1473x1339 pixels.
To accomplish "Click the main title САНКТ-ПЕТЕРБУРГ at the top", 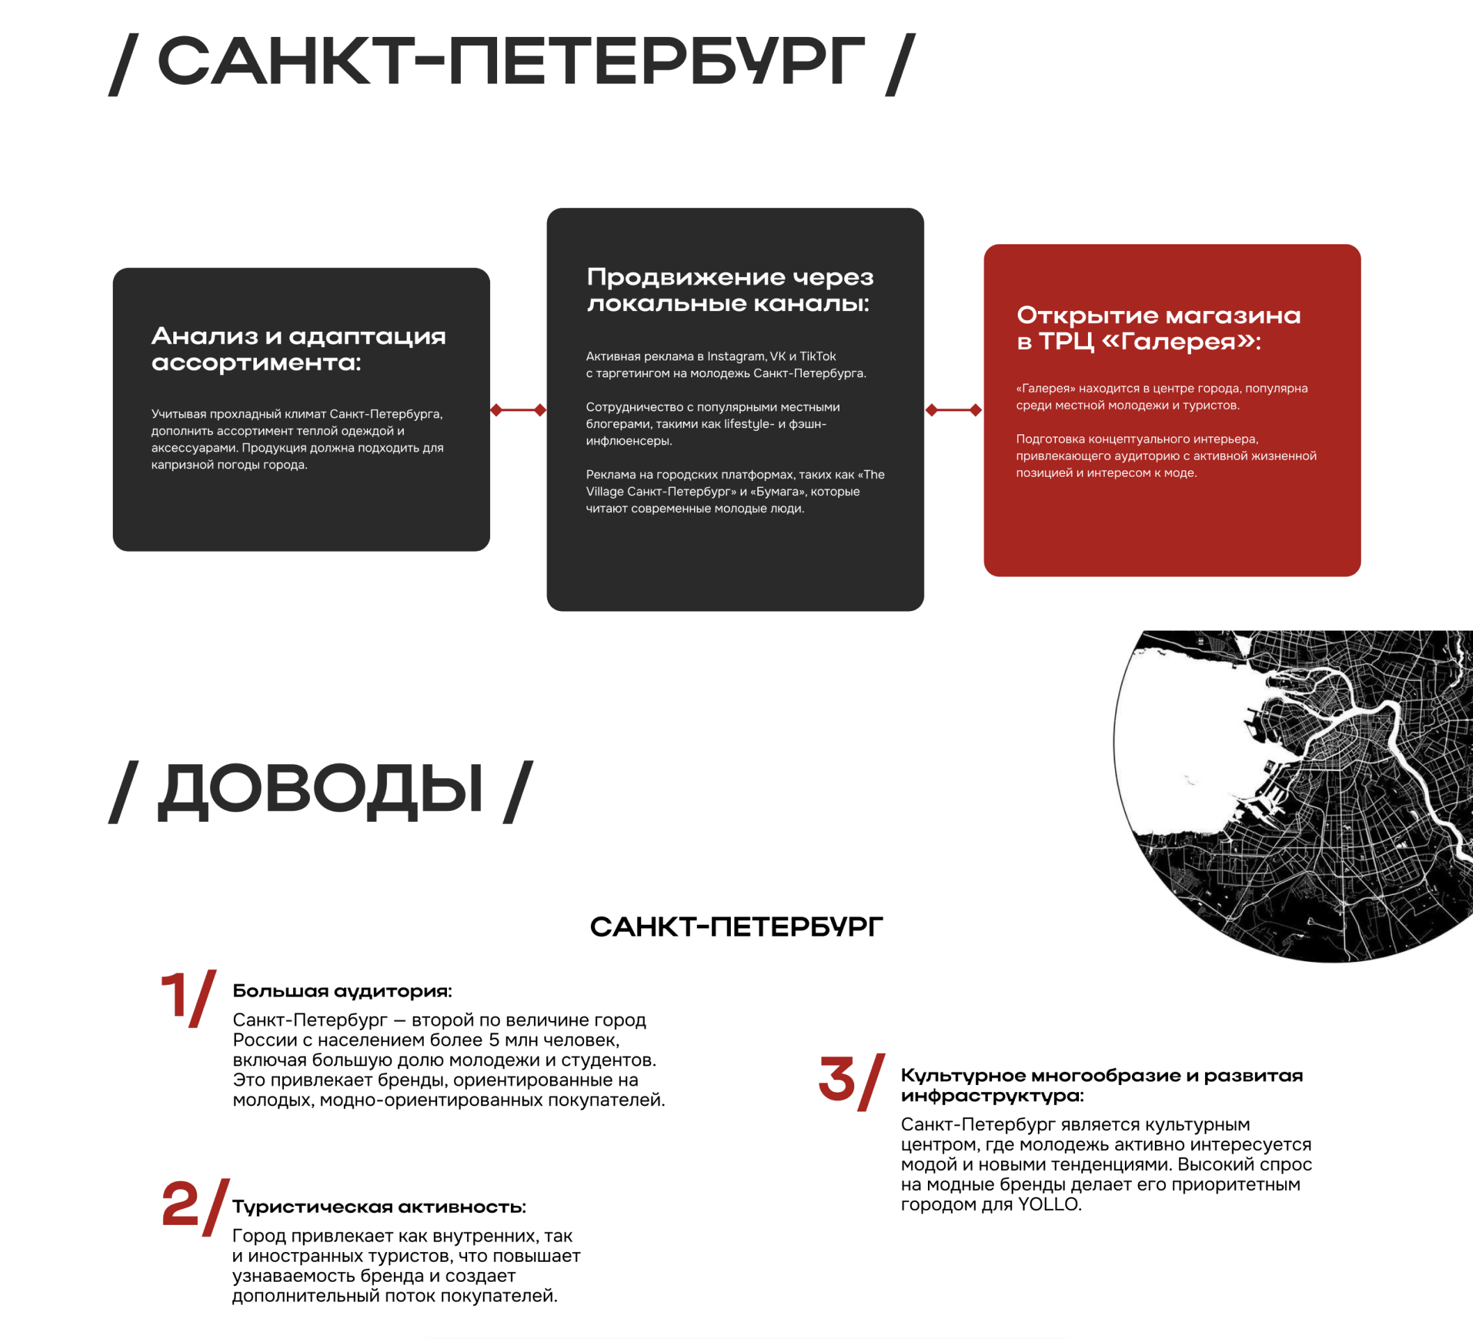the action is (x=511, y=61).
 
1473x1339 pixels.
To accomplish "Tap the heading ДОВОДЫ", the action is (x=320, y=790).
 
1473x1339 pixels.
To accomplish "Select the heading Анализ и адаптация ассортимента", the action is (x=298, y=349).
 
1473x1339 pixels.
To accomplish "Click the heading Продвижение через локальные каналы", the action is (x=730, y=290).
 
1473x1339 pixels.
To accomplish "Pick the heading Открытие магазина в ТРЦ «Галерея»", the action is (x=1159, y=328).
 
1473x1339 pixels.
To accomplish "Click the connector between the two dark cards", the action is (x=518, y=410).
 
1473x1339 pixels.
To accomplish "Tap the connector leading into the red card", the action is (x=954, y=410).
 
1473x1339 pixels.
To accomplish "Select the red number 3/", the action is (x=852, y=1082).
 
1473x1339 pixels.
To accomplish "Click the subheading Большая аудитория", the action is (x=342, y=991).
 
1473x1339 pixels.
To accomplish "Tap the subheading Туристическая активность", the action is (x=379, y=1207).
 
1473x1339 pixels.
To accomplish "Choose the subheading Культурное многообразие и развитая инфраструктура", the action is (x=1102, y=1086).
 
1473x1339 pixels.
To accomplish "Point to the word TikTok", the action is (x=818, y=356).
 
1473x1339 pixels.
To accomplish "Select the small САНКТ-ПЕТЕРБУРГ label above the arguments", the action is (x=736, y=927).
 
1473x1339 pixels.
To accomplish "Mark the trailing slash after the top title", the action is (x=900, y=64).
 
